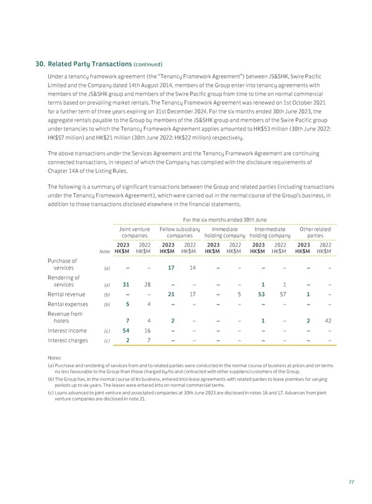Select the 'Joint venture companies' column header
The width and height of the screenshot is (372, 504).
135,232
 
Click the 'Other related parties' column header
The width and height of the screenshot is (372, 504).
314,232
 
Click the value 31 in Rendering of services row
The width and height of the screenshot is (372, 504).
126,284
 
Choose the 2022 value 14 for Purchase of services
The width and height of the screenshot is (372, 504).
193,267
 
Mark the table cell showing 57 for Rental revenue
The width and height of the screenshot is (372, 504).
284,294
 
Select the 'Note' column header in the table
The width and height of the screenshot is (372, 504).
102,251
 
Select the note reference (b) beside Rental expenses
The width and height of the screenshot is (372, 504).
107,304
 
